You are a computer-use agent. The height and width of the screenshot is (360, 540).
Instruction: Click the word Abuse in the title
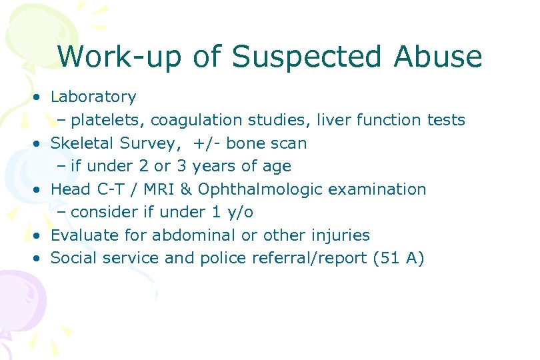(x=438, y=57)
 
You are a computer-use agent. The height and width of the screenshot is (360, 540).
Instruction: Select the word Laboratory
(x=93, y=97)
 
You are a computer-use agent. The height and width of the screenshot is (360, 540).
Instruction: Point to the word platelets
(x=108, y=121)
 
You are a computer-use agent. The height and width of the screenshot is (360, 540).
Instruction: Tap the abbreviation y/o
(x=239, y=212)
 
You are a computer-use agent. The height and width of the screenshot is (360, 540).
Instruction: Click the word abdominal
(x=194, y=235)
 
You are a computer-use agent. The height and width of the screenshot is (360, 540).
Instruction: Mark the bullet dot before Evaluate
(x=41, y=236)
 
